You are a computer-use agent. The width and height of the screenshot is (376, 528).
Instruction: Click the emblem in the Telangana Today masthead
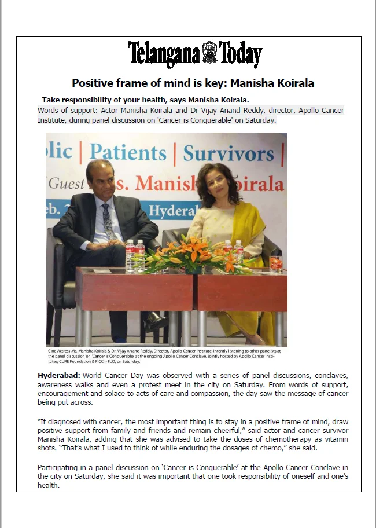pos(209,53)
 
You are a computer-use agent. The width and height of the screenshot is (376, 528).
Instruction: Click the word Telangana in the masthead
pos(164,54)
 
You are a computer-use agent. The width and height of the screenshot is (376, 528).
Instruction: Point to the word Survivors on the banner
pos(228,153)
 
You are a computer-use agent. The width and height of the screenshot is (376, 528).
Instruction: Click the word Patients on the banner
pos(127,152)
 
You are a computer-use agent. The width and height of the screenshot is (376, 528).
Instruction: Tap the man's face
pos(101,179)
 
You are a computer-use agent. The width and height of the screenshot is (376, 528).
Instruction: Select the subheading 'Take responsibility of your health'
pos(145,100)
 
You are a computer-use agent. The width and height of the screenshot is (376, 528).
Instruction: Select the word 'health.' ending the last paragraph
pos(49,486)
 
